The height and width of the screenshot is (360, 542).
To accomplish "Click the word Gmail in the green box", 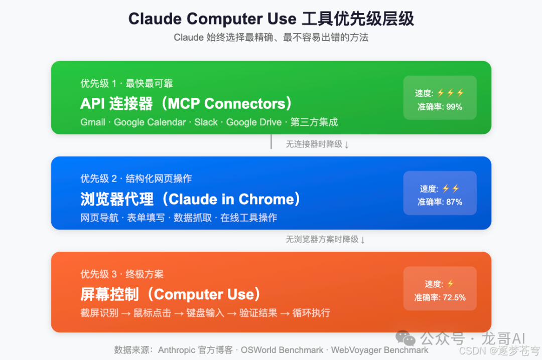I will [93, 122].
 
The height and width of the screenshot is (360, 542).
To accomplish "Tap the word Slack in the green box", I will [206, 122].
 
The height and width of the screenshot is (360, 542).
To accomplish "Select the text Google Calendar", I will [150, 122].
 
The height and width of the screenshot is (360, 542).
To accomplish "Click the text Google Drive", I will [254, 122].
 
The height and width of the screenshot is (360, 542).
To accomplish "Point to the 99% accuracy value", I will [454, 107].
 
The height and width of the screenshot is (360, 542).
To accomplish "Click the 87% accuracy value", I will [454, 202].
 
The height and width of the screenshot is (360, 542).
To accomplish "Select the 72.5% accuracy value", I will [454, 297].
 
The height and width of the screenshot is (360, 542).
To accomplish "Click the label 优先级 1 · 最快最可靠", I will [126, 83].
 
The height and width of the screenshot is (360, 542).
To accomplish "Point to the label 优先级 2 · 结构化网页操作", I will [136, 178].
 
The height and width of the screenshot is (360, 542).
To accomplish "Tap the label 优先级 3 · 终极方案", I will [122, 274].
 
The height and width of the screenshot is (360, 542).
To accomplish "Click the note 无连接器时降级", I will [314, 144].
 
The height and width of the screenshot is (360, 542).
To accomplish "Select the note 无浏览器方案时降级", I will [322, 240].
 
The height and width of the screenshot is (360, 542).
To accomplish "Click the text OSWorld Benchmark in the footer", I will [282, 350].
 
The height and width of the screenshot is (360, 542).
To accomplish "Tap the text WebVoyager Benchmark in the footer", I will [380, 350].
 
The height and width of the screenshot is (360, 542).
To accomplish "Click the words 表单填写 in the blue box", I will [146, 218].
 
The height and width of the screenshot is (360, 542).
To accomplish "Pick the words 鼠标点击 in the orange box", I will [152, 313].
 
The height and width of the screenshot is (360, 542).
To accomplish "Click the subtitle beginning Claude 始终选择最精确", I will [271, 38].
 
